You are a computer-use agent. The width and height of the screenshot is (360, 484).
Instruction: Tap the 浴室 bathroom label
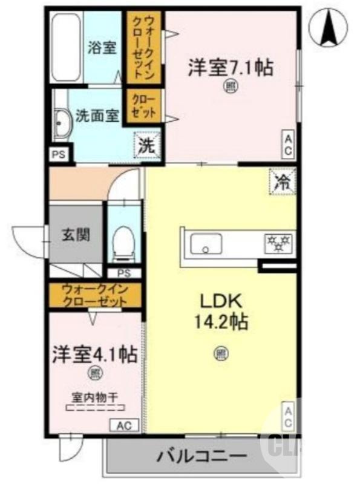[102, 47]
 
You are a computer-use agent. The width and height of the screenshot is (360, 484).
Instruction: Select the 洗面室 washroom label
[96, 116]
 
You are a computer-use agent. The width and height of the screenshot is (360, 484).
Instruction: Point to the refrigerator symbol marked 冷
[282, 180]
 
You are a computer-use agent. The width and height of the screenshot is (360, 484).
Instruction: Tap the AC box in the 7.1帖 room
[289, 145]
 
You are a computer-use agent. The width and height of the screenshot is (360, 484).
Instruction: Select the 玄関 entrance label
[76, 234]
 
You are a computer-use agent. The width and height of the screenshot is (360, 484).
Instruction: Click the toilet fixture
[124, 241]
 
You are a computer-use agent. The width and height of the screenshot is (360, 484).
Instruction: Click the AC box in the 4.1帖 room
[124, 425]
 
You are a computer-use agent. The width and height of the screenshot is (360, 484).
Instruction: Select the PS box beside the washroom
[59, 154]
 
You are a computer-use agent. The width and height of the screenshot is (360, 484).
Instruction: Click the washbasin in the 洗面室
[61, 125]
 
